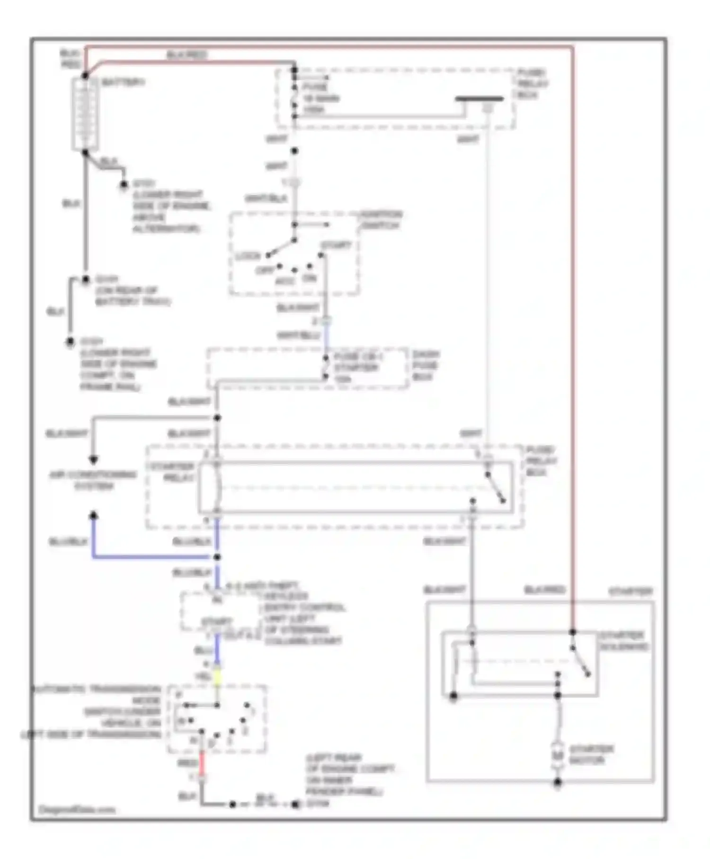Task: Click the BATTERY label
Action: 123,82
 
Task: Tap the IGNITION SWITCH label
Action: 382,220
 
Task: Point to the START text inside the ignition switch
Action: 337,245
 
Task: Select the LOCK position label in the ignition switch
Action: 248,256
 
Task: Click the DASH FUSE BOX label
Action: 426,365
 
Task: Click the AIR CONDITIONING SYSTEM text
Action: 93,480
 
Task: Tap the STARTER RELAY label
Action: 173,472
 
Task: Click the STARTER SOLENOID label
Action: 624,641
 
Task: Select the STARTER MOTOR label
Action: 591,755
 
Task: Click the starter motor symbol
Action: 558,755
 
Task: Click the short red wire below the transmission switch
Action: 202,763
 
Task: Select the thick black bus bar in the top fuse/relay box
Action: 479,99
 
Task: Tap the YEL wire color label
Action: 203,677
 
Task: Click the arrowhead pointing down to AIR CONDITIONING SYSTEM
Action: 94,459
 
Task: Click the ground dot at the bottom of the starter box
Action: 558,782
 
